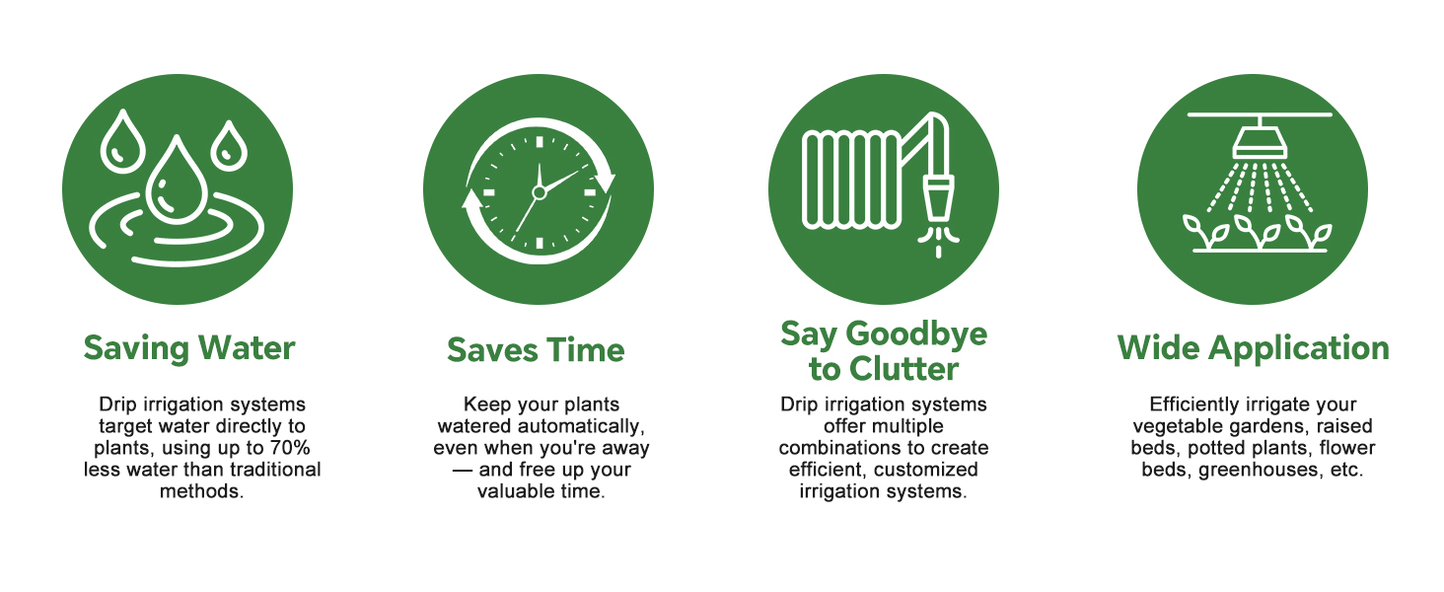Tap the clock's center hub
click(540, 192)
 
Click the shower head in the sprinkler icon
click(1260, 142)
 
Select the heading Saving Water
click(189, 349)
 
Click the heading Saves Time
click(536, 350)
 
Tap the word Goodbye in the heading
click(916, 334)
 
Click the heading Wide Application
click(1254, 349)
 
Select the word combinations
click(838, 448)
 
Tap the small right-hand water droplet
click(229, 146)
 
